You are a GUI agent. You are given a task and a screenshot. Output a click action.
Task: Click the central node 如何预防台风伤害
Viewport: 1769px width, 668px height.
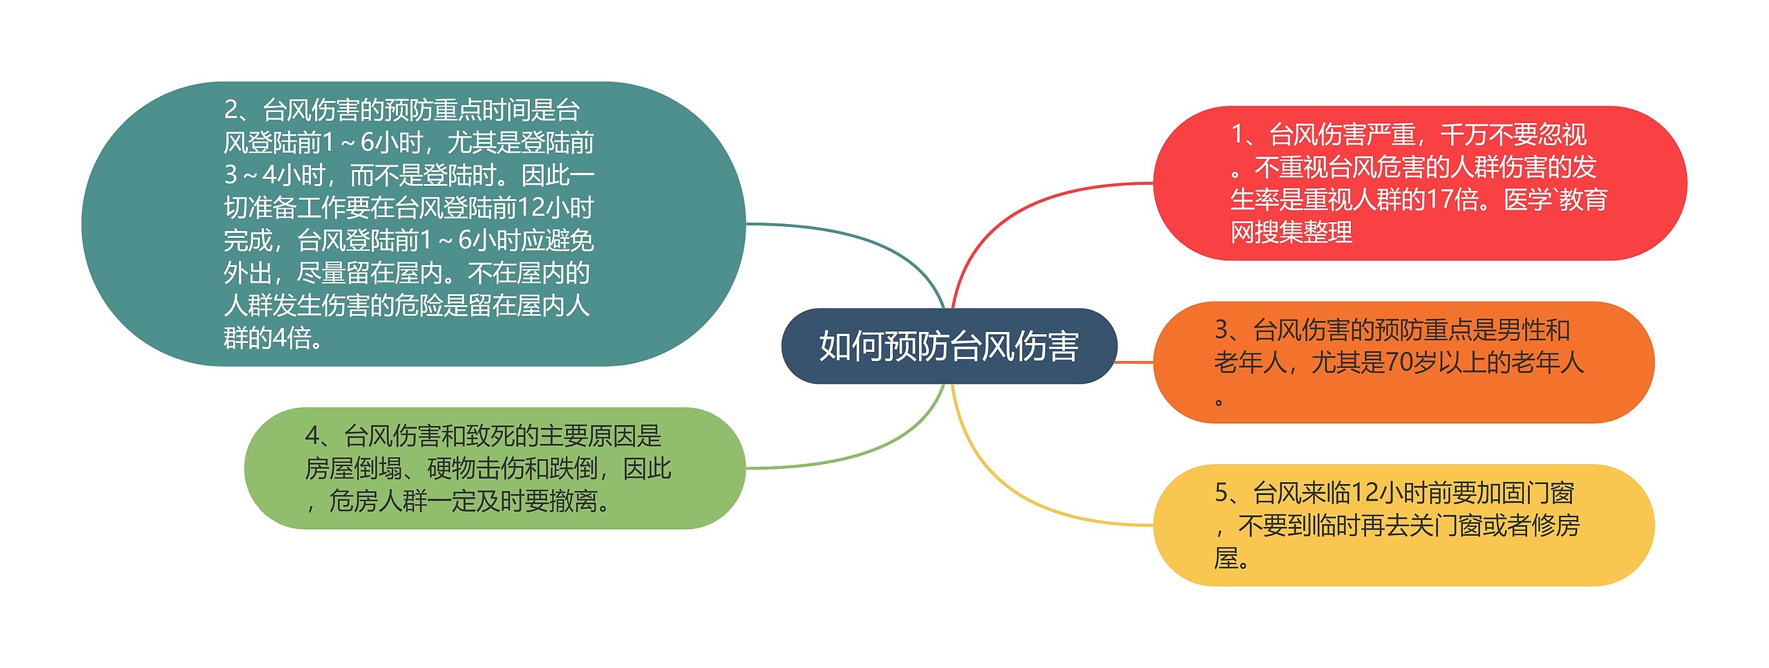pyautogui.click(x=948, y=346)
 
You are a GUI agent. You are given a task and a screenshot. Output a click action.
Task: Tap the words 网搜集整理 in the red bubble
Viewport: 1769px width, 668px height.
pyautogui.click(x=1291, y=232)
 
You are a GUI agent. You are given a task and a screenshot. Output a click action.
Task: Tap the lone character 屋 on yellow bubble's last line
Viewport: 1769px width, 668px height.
pyautogui.click(x=1227, y=558)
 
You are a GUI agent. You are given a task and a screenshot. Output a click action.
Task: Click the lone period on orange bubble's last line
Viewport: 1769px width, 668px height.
pyautogui.click(x=1220, y=402)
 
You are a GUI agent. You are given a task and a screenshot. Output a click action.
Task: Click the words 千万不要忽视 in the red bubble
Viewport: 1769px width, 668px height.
pyautogui.click(x=1513, y=134)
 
